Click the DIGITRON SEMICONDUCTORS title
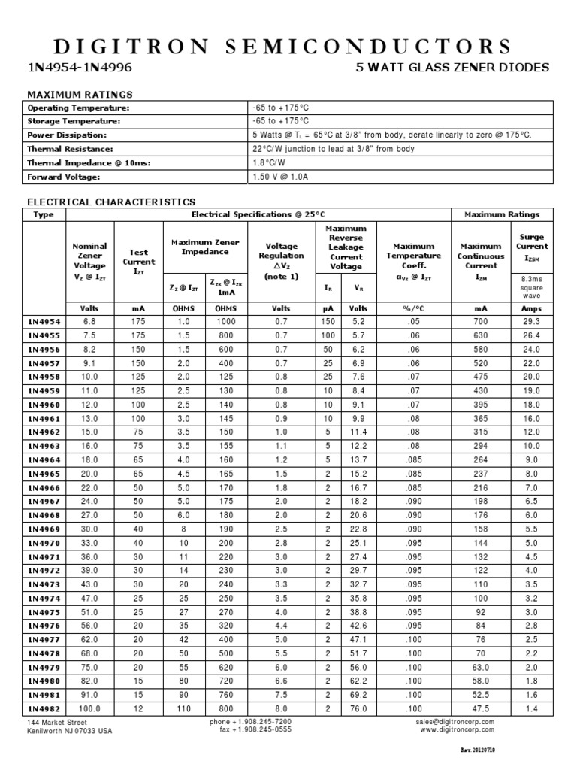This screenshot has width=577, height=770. tap(288, 47)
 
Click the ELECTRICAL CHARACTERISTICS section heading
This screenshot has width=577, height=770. tap(111, 202)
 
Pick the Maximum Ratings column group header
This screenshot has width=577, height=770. tap(502, 214)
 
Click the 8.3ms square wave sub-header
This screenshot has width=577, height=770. tap(532, 286)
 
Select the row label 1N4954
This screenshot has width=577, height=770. tap(45, 321)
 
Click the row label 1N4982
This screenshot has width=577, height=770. tap(45, 708)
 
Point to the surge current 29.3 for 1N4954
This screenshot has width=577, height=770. tap(532, 321)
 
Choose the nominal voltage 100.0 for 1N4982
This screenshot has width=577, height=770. tap(90, 708)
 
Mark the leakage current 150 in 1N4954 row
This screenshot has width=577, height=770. tap(328, 321)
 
